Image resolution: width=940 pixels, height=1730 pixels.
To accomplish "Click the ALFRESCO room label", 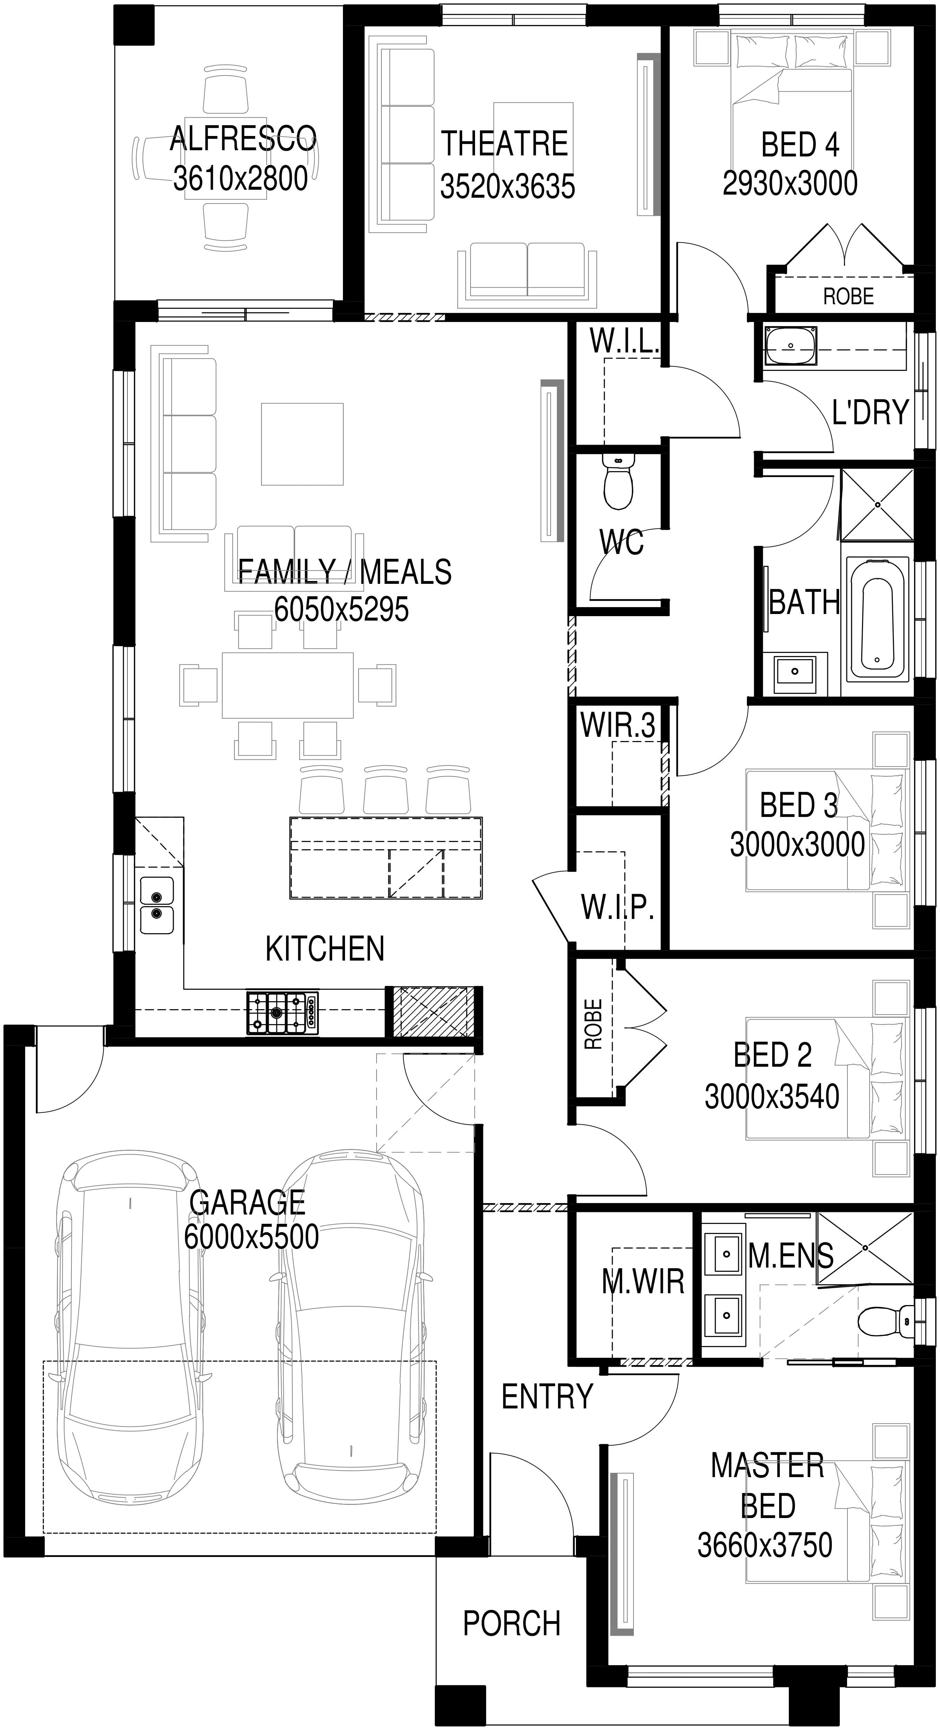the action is (243, 139).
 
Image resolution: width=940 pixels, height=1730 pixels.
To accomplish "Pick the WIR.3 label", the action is (618, 725).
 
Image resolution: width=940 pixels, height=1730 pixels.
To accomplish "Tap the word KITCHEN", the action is (325, 948).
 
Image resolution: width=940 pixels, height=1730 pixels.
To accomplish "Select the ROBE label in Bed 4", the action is (849, 296).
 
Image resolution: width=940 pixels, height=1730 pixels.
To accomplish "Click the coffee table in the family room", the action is (302, 444).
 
